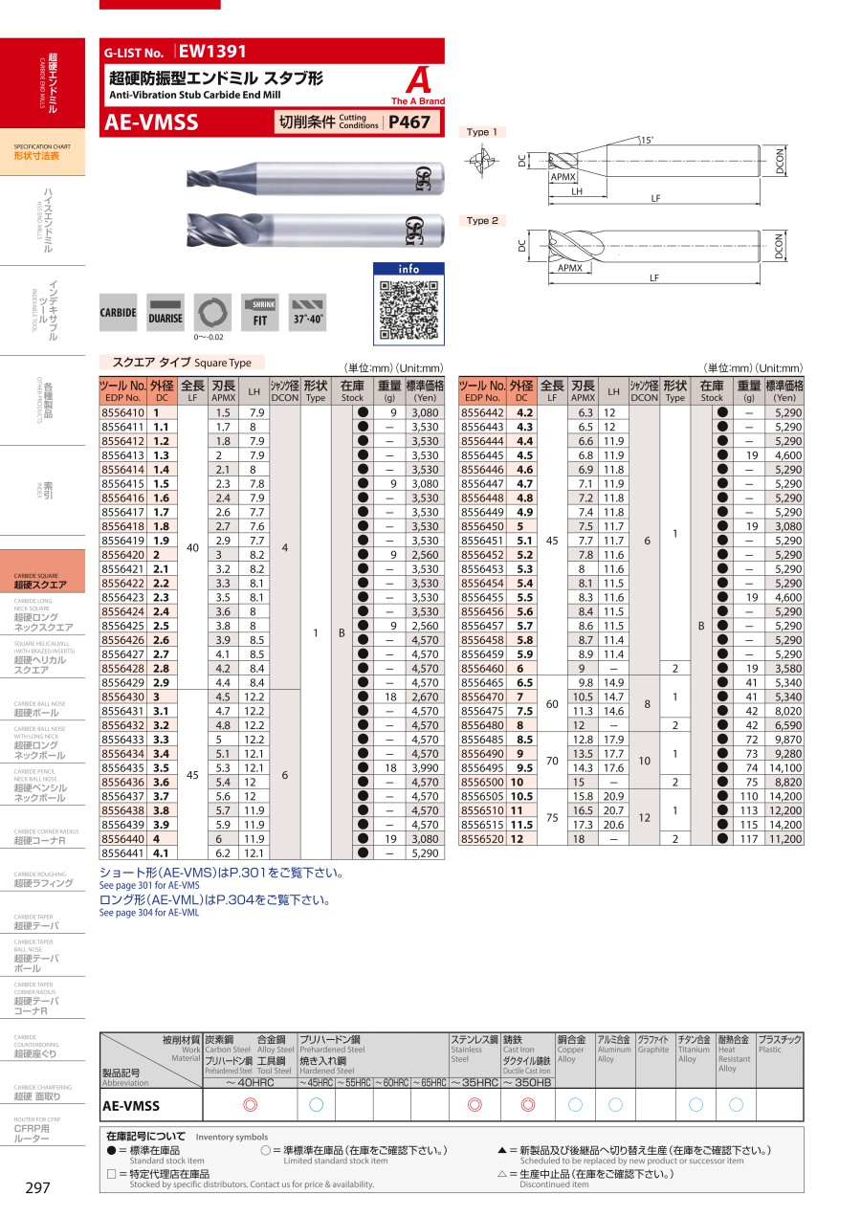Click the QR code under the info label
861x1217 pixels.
408,308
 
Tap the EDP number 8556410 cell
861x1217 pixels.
122,411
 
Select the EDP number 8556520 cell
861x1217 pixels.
482,839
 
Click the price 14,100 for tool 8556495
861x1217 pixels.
784,767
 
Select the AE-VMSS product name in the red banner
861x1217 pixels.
151,122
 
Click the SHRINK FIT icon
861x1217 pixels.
260,313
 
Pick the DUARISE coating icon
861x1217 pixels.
165,313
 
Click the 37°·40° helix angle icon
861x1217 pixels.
308,313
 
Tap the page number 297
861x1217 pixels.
37,1187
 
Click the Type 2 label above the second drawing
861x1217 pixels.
482,221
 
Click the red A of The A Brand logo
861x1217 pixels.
417,79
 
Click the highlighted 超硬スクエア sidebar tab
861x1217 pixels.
40,584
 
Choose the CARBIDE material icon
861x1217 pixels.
119,313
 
